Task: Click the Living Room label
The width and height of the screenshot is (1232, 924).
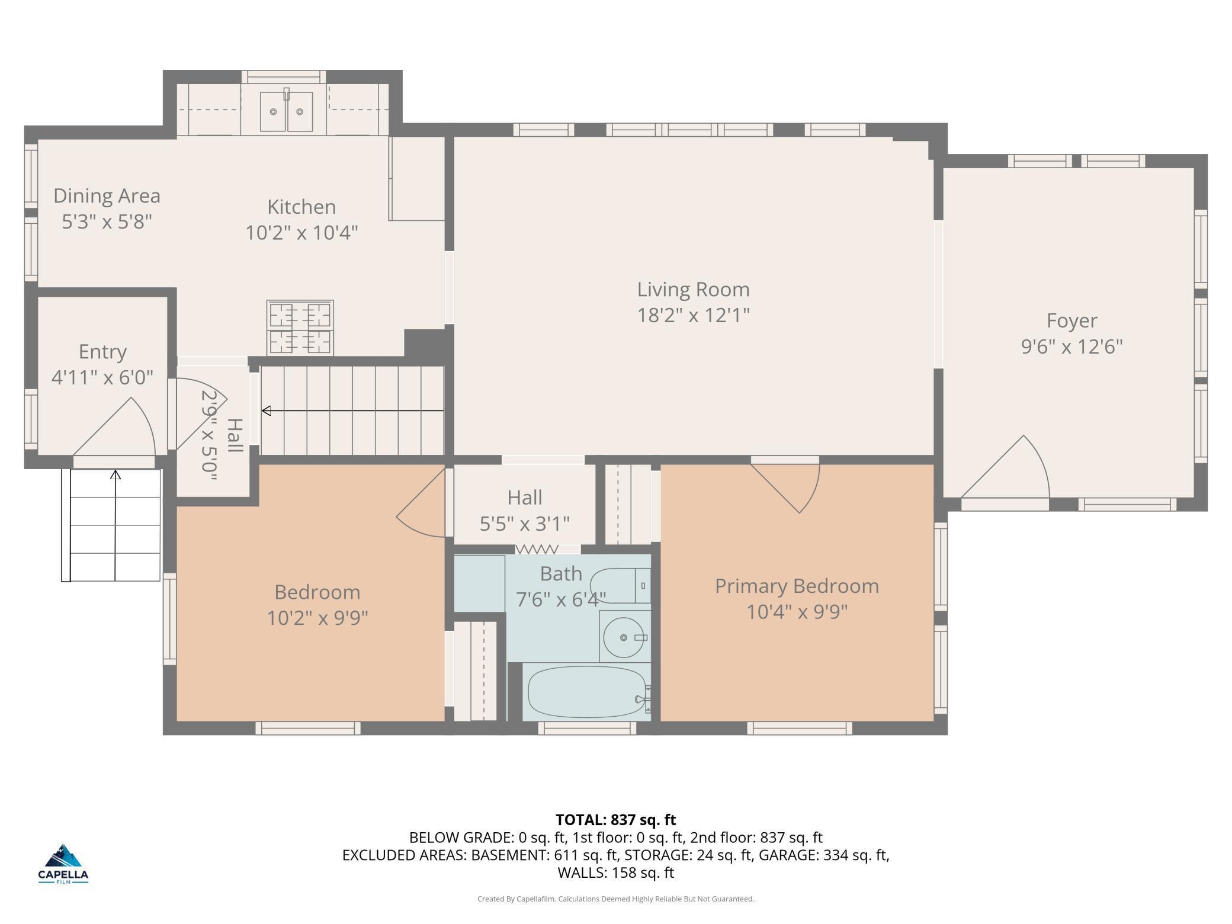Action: (693, 290)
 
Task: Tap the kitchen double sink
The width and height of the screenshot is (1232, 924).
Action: (287, 111)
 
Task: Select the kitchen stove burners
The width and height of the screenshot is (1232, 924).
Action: (300, 328)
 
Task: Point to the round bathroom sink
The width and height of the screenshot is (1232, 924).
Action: (624, 637)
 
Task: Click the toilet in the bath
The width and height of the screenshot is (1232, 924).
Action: (621, 585)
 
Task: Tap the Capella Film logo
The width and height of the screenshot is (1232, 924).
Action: (63, 864)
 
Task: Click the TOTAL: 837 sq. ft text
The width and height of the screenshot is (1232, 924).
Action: (615, 820)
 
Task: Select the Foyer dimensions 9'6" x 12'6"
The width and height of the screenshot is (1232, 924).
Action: (1071, 346)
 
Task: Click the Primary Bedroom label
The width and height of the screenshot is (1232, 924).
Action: (797, 586)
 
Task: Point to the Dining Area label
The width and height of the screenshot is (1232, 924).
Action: (107, 195)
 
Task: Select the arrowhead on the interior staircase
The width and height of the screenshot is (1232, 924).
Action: (266, 410)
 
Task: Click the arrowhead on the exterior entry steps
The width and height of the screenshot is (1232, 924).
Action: (115, 474)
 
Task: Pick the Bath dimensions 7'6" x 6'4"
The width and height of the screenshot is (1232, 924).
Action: (561, 600)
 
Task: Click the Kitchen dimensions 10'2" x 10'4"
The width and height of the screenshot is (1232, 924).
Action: (301, 233)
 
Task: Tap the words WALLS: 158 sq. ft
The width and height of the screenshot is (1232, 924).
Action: (615, 872)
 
